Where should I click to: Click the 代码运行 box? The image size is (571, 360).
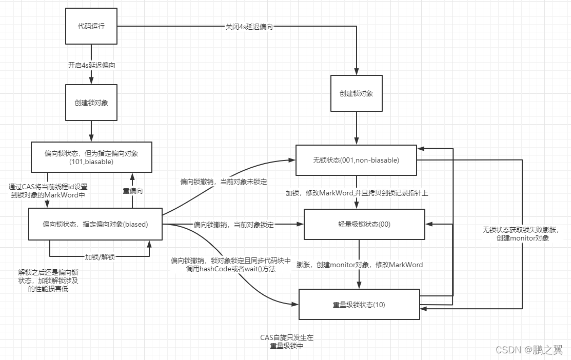pyautogui.click(x=91, y=26)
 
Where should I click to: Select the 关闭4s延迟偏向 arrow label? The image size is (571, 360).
pyautogui.click(x=249, y=26)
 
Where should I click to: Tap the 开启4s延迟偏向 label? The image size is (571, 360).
pyautogui.click(x=91, y=65)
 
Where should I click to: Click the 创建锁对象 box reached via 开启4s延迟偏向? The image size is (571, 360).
pyautogui.click(x=91, y=102)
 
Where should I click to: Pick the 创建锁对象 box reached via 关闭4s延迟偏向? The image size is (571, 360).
pyautogui.click(x=356, y=93)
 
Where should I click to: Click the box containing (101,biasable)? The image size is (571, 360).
pyautogui.click(x=91, y=157)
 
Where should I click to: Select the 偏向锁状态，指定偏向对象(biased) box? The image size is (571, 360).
pyautogui.click(x=95, y=224)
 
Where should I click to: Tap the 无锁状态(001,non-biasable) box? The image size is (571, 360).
pyautogui.click(x=356, y=160)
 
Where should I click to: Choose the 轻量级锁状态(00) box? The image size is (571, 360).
pyautogui.click(x=365, y=224)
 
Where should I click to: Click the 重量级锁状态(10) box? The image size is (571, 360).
pyautogui.click(x=359, y=305)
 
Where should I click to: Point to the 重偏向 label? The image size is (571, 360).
pyautogui.click(x=132, y=191)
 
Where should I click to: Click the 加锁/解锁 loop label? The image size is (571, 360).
pyautogui.click(x=100, y=256)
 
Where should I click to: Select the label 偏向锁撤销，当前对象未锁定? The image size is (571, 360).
pyautogui.click(x=223, y=182)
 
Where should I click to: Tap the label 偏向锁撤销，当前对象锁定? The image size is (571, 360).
pyautogui.click(x=233, y=225)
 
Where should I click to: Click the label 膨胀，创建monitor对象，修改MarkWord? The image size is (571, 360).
pyautogui.click(x=359, y=265)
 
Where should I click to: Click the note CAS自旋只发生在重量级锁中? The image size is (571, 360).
pyautogui.click(x=286, y=341)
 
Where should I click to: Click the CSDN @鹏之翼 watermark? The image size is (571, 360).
pyautogui.click(x=528, y=350)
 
